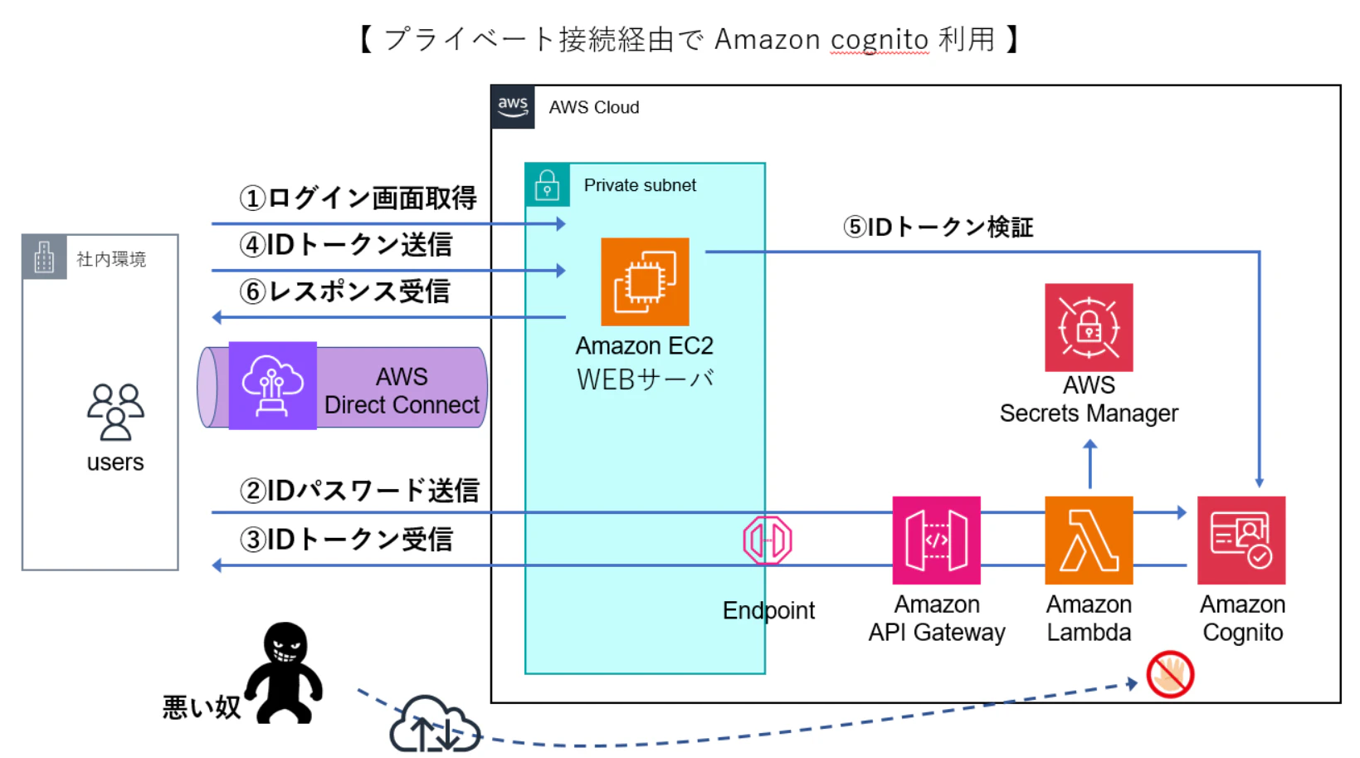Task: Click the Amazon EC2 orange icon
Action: point(645,281)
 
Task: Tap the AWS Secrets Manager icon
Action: point(1088,327)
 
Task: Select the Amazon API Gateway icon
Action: point(936,540)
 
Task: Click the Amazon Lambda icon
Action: point(1088,540)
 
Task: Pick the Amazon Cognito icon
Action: point(1241,540)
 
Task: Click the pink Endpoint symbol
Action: point(768,540)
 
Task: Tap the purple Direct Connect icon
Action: point(272,385)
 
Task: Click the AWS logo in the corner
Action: point(513,106)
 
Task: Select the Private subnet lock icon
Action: point(547,184)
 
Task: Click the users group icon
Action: point(115,412)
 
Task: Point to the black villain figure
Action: point(285,672)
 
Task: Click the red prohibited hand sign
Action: point(1170,674)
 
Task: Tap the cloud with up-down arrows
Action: point(434,726)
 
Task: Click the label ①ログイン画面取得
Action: point(358,198)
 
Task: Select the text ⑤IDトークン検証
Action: point(938,227)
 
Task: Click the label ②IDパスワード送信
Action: point(359,491)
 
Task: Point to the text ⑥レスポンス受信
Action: point(344,291)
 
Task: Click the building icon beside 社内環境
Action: point(44,257)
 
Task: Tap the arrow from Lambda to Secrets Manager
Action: point(1089,464)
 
